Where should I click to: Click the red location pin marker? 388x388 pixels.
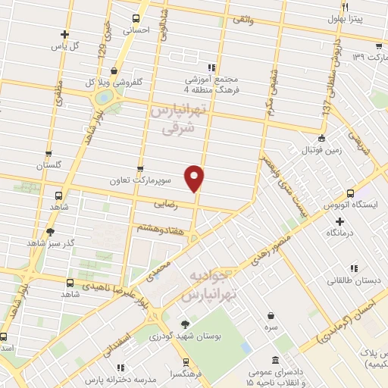196,178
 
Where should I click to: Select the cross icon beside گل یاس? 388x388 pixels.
65,34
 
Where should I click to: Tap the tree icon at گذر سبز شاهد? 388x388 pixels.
51,232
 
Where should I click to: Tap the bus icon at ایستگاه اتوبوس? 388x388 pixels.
349,194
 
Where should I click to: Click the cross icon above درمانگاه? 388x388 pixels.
339,221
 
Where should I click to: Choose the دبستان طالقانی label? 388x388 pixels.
346,280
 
